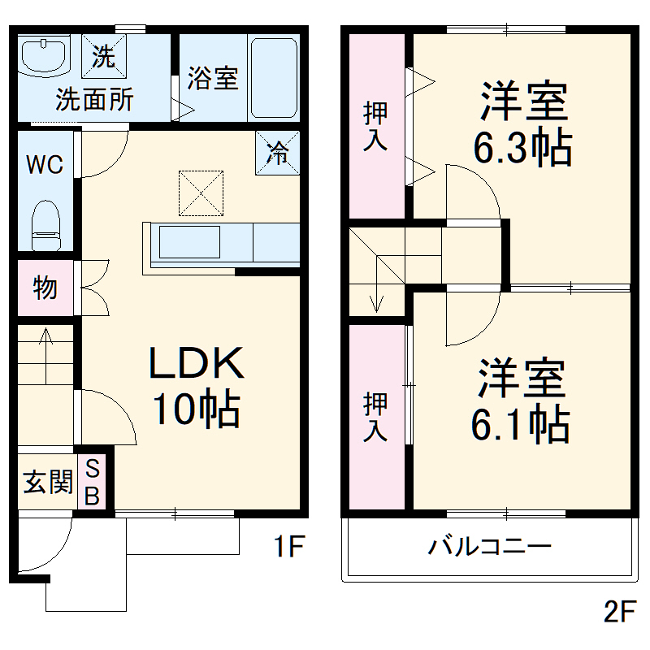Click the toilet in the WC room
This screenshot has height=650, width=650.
point(45,225)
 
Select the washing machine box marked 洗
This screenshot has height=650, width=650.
point(104,56)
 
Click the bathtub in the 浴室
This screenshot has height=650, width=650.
point(274,78)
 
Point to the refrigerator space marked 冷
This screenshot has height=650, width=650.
point(277,153)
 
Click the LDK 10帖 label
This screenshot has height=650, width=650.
point(197,385)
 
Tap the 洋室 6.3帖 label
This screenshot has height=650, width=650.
point(523,123)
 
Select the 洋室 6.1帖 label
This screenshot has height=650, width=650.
point(521,401)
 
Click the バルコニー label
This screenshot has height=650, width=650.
point(489,546)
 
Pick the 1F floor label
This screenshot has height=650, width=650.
point(289,546)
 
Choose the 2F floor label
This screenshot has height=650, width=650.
point(620,611)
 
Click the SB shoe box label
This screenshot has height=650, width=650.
point(92,482)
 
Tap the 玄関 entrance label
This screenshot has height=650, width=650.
point(48,482)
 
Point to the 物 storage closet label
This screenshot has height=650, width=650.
point(45,288)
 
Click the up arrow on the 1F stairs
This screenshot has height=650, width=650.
point(45,356)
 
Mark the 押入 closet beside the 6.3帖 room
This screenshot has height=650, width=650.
point(377,126)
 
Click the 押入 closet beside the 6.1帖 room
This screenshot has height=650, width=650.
point(377,417)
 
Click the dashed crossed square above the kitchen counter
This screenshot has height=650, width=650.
point(201,193)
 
